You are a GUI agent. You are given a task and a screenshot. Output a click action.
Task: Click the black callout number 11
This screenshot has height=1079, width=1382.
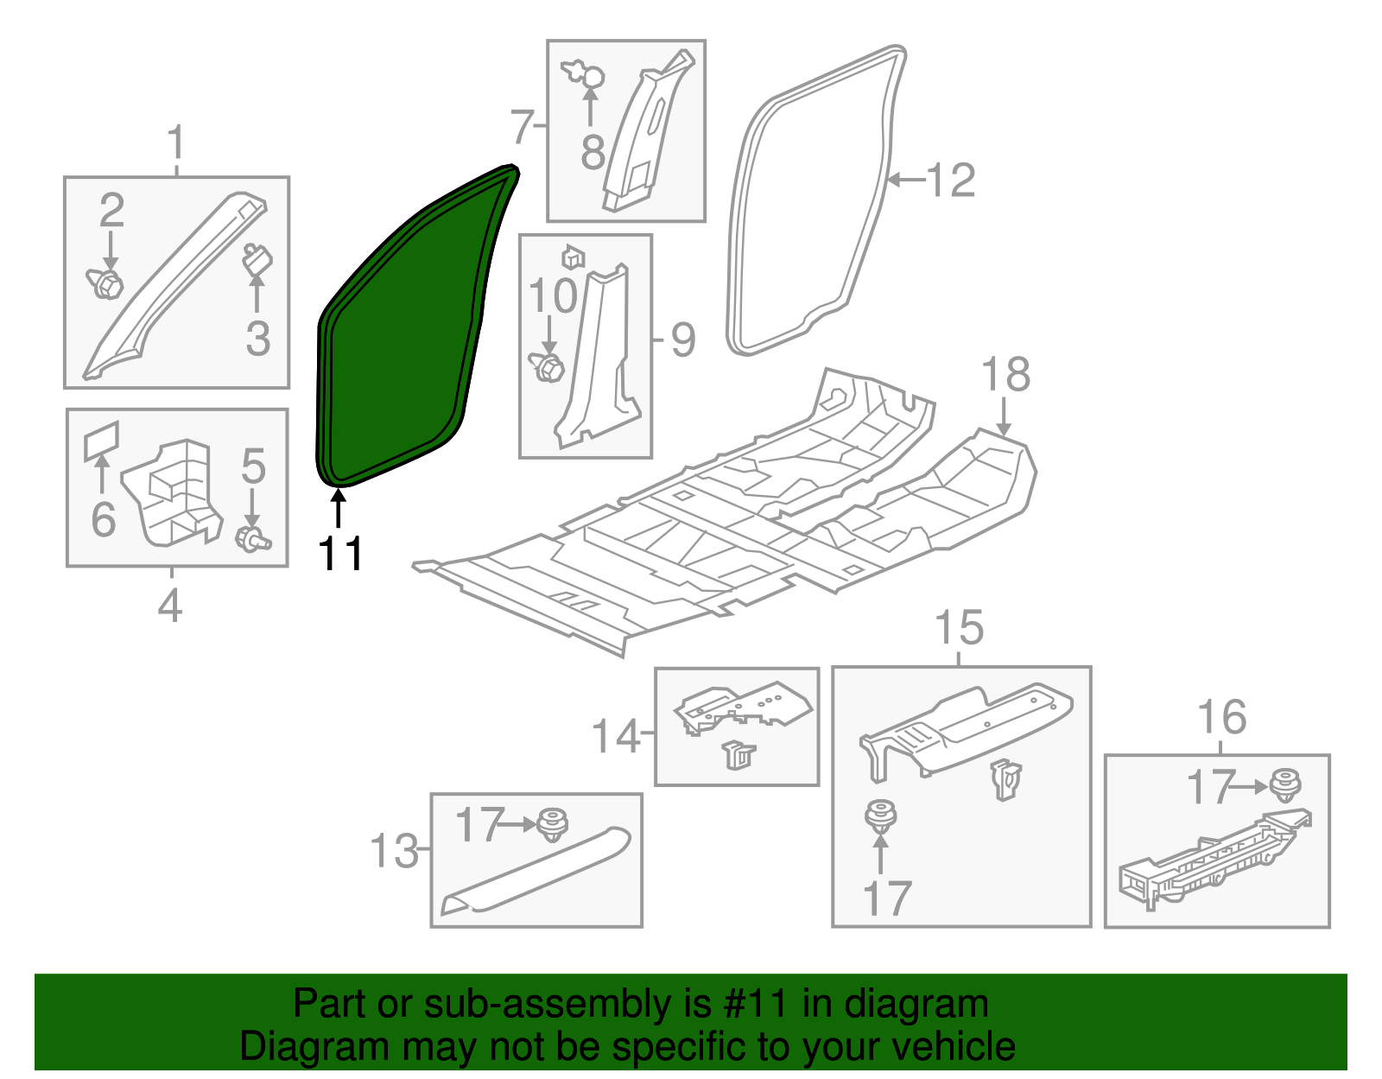(x=340, y=554)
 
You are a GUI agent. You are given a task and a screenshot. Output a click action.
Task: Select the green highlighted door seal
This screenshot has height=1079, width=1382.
(x=407, y=331)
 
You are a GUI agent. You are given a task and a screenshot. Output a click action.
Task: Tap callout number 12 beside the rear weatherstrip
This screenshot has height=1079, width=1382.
(x=951, y=181)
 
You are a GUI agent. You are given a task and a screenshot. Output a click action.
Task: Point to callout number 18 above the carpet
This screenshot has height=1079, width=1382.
(x=1005, y=374)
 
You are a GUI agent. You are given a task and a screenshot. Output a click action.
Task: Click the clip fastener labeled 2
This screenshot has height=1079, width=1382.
(x=105, y=284)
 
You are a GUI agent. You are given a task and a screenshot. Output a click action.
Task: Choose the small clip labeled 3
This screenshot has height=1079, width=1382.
(x=257, y=259)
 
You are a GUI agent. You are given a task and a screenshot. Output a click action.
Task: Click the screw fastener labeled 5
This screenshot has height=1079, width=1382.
(x=252, y=538)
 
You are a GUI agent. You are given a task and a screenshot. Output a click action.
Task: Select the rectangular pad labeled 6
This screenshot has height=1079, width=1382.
(x=101, y=440)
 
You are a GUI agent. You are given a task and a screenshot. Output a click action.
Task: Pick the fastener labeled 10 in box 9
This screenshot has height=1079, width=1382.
(x=546, y=367)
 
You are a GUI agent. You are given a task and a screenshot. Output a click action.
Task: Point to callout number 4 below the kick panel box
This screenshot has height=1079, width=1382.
(x=170, y=605)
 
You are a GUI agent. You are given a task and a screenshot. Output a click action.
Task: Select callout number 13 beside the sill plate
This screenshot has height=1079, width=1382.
(x=395, y=851)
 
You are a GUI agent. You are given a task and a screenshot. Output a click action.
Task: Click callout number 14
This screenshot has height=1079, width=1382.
(x=616, y=736)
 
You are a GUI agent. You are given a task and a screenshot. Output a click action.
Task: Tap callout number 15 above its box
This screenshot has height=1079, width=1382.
(x=960, y=628)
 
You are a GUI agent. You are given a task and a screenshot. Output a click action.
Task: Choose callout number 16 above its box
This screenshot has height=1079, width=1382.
(x=1222, y=716)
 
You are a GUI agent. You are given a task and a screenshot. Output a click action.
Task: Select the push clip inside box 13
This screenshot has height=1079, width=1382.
(x=552, y=824)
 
